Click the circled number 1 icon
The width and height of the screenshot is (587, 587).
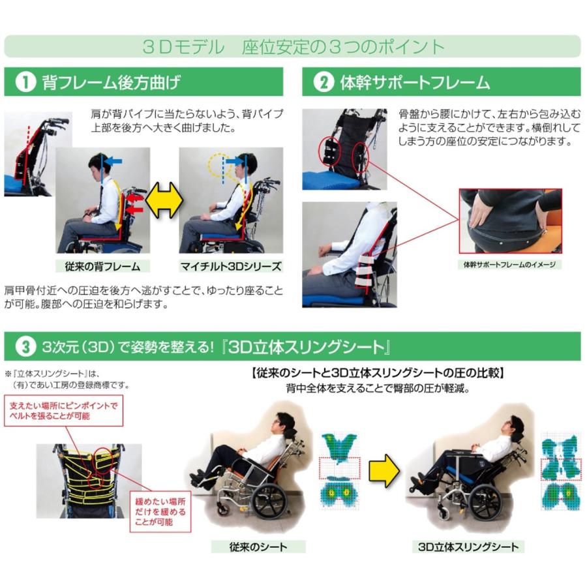(x=24, y=83)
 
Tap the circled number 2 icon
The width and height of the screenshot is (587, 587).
(x=322, y=83)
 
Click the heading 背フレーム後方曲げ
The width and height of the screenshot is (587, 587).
(x=111, y=83)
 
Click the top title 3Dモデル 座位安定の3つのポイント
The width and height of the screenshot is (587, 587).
(x=293, y=47)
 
